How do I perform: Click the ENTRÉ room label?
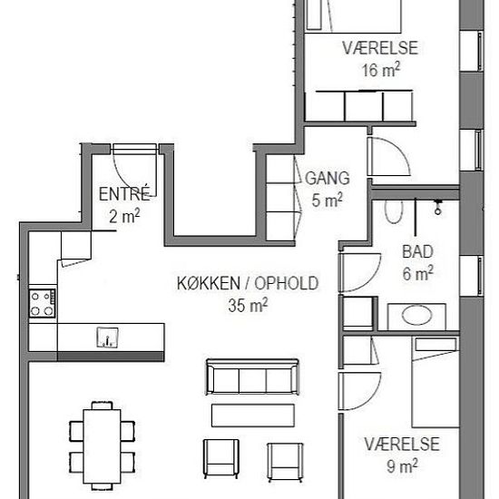click(x=124, y=193)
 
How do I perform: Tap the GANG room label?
click(x=328, y=178)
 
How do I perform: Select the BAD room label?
click(x=417, y=251)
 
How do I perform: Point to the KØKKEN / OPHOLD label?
click(x=248, y=283)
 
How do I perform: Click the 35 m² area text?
click(x=248, y=305)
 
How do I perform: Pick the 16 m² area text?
click(x=381, y=70)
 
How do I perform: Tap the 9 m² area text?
click(x=402, y=466)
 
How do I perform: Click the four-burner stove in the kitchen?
click(x=42, y=303)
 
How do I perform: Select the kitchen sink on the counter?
click(x=108, y=338)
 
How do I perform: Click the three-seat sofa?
click(x=252, y=377)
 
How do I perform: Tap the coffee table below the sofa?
click(x=253, y=416)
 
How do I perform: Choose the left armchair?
click(x=220, y=458)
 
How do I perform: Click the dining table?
click(x=102, y=446)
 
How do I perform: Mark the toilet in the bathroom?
click(x=394, y=211)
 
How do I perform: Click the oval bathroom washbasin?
click(x=417, y=315)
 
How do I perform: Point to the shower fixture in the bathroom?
click(x=438, y=206)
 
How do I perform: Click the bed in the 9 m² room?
click(x=435, y=382)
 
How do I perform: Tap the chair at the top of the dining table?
click(x=103, y=406)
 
